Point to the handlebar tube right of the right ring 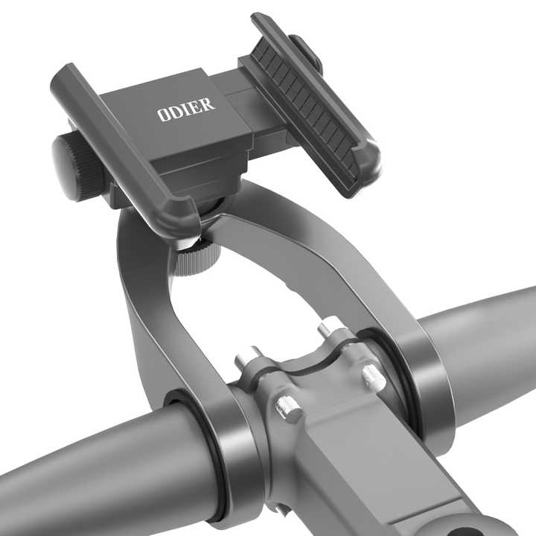491,335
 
